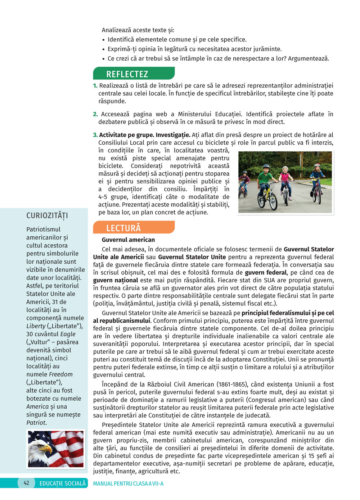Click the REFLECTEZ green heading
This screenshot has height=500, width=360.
(127, 74)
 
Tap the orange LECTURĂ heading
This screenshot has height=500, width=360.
(123, 228)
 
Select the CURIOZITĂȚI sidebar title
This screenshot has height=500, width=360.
(47, 215)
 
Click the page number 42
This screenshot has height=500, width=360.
(26, 483)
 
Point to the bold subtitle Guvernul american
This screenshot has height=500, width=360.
(128, 240)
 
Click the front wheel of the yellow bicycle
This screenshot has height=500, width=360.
(273, 202)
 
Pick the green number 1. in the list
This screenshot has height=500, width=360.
(95, 86)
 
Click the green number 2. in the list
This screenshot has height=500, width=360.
(95, 114)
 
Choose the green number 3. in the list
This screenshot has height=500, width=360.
(95, 135)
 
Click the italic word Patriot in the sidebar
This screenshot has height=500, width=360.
(36, 423)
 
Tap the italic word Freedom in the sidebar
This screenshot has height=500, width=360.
(60, 374)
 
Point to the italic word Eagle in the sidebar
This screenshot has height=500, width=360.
(68, 334)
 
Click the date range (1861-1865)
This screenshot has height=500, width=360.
(235, 385)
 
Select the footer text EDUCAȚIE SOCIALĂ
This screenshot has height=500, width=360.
(63, 483)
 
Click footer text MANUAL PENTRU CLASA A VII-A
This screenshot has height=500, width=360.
(128, 483)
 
